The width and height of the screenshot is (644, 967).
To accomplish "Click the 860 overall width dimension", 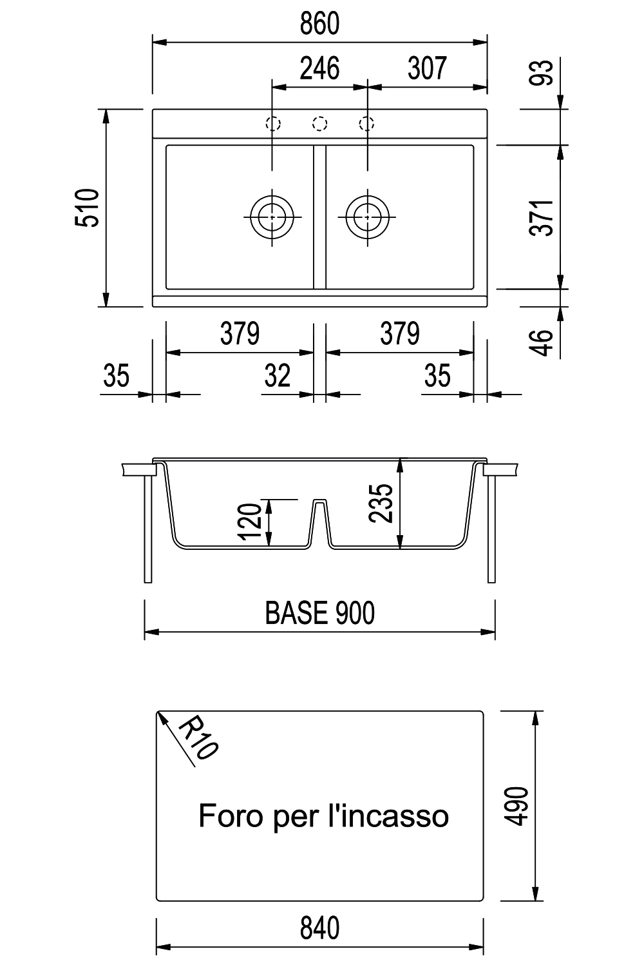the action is tap(319, 24).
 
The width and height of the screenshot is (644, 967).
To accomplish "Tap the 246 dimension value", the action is tap(319, 68).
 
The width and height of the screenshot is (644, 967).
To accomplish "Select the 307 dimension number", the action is tap(427, 68).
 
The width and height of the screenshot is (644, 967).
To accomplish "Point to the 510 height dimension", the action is tap(87, 208).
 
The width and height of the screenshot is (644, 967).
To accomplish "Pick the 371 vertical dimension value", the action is tap(541, 218).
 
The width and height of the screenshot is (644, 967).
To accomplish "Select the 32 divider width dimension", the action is tap(277, 376).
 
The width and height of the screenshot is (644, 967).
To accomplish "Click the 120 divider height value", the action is tap(250, 522).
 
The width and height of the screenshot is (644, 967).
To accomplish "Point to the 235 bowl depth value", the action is tap(381, 503).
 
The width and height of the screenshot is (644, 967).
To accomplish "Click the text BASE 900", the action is tap(319, 612).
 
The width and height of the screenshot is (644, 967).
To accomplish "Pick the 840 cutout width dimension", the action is tap(319, 928).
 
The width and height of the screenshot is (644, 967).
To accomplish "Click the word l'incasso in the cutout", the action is tap(388, 816).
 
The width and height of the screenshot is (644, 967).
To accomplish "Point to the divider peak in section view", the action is tap(319, 500).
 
